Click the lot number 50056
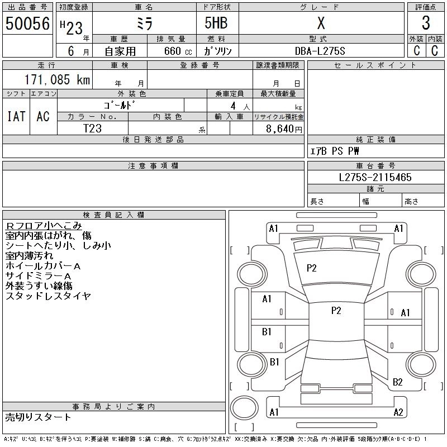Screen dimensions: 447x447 click(27, 23)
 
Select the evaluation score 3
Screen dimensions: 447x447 click(426, 23)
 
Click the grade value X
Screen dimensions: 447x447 click(321, 23)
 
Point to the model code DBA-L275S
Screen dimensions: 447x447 click(321, 51)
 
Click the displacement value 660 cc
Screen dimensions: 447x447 click(170, 51)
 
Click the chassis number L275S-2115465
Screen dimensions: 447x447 click(375, 177)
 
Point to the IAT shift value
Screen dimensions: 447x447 click(16, 116)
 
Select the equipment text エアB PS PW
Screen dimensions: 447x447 click(335, 151)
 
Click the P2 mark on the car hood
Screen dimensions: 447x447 click(312, 268)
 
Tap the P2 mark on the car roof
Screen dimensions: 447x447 click(336, 311)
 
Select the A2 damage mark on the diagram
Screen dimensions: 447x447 click(398, 412)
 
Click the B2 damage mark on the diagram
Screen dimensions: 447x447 click(397, 382)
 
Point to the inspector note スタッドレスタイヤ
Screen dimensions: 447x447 click(48, 296)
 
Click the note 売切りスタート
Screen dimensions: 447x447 click(39, 417)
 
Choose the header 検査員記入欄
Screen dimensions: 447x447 click(114, 215)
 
